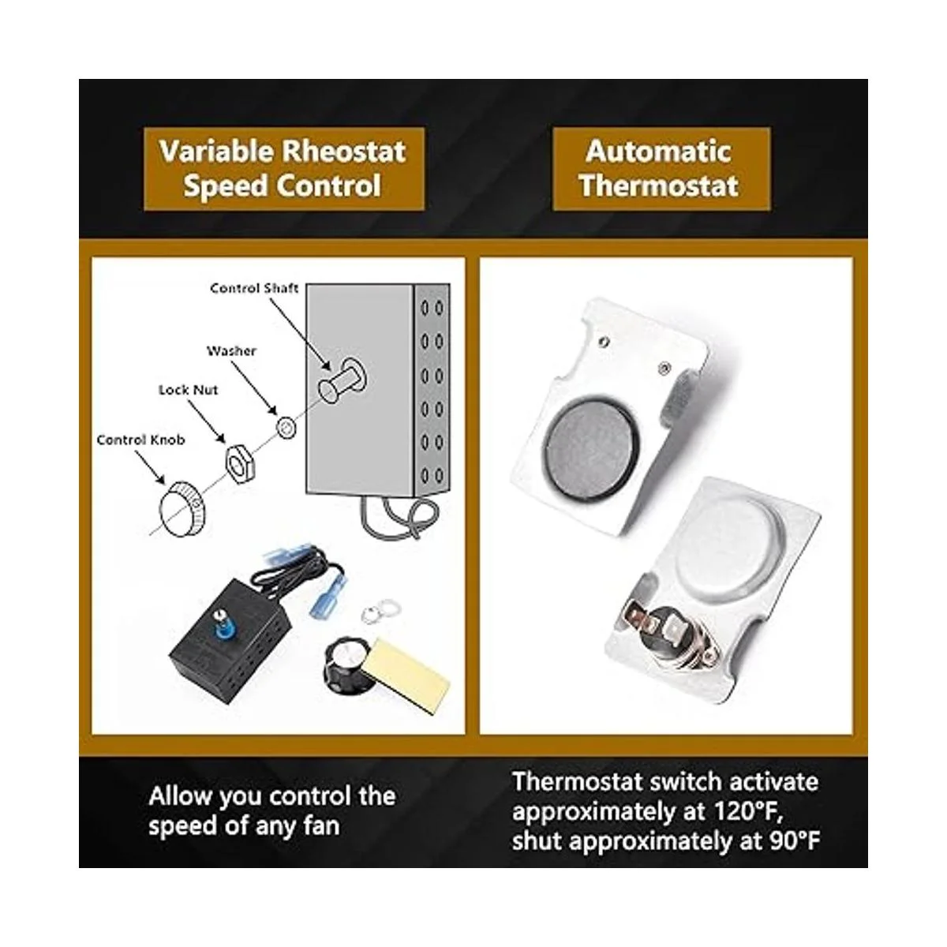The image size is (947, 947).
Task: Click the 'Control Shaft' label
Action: [254, 288]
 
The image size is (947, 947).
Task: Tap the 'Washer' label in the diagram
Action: [231, 351]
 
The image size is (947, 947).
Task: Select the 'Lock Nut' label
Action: [189, 390]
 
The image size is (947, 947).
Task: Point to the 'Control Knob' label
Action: [140, 440]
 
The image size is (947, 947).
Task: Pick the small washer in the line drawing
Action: [286, 427]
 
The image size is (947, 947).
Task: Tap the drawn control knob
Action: [182, 509]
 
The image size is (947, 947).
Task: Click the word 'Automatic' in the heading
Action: [658, 151]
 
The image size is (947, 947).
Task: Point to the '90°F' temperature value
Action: [794, 840]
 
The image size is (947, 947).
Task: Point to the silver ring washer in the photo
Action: [381, 612]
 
